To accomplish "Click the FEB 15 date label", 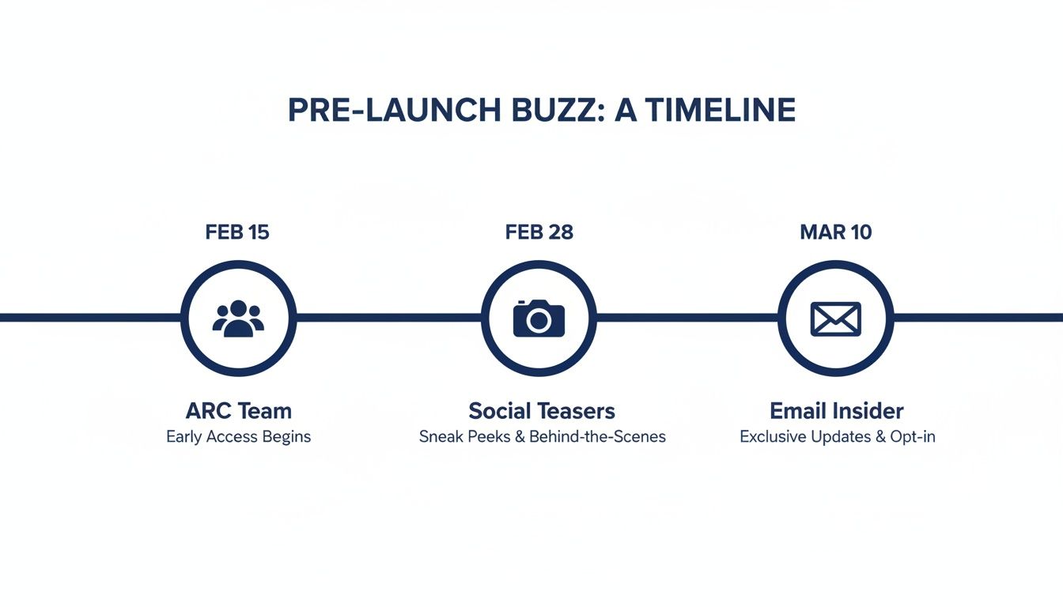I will (237, 232).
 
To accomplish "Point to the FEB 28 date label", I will (539, 232).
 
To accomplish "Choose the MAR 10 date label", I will (835, 232).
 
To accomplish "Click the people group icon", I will (238, 318).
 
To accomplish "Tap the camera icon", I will (539, 318).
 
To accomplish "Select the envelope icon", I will (835, 318).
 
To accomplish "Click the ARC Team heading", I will (238, 411).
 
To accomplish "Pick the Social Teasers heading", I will (542, 411).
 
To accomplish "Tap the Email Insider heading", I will (837, 411).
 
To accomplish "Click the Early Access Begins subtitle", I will (238, 436).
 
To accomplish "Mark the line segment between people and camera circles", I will (388, 318).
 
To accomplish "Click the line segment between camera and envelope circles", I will (687, 318).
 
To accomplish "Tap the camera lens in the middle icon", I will (539, 320).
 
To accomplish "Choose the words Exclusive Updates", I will (805, 436).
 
